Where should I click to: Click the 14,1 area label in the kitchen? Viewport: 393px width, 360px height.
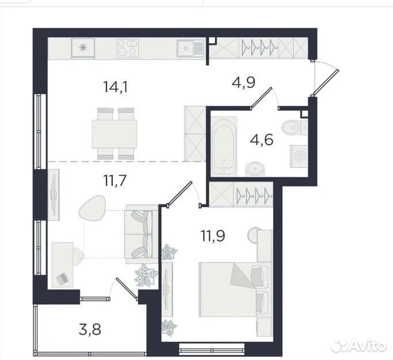pyautogui.click(x=116, y=87)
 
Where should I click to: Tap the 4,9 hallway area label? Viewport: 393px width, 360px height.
pyautogui.click(x=243, y=82)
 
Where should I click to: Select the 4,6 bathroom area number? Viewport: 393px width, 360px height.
pyautogui.click(x=262, y=139)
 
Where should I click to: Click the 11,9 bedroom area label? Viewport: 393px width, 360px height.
pyautogui.click(x=213, y=235)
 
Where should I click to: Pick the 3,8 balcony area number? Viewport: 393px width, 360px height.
pyautogui.click(x=90, y=329)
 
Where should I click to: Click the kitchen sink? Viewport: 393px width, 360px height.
pyautogui.click(x=191, y=48)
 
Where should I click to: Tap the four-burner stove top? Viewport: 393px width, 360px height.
pyautogui.click(x=127, y=48)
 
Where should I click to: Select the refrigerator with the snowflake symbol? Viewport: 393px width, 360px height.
pyautogui.click(x=83, y=48)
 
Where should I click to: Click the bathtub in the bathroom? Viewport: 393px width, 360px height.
pyautogui.click(x=224, y=146)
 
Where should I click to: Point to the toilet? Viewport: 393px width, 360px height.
pyautogui.click(x=295, y=127)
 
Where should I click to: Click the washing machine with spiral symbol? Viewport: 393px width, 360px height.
pyautogui.click(x=299, y=156)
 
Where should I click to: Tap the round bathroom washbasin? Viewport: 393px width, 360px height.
pyautogui.click(x=254, y=169)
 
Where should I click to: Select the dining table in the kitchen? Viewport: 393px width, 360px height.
pyautogui.click(x=114, y=134)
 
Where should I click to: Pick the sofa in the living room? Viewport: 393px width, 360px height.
pyautogui.click(x=142, y=234)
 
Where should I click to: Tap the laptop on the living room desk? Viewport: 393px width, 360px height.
pyautogui.click(x=62, y=278)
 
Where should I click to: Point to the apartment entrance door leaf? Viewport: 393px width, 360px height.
pyautogui.click(x=326, y=82)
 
